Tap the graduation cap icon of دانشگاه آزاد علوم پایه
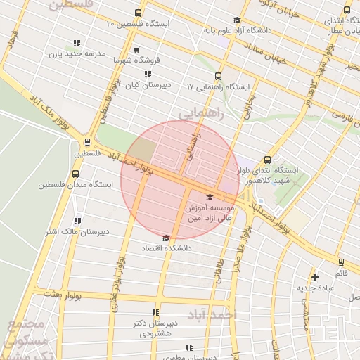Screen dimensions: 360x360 pyautogui.click(x=237, y=20)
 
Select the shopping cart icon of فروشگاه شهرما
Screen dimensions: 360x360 pyautogui.click(x=136, y=50)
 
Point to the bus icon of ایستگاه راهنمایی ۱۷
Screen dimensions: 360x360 pyautogui.click(x=217, y=76)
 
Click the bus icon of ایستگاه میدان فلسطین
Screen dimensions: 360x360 pyautogui.click(x=75, y=174)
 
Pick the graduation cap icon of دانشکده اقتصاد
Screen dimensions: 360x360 pyautogui.click(x=166, y=238)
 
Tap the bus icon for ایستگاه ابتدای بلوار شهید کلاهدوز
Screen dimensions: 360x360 pyautogui.click(x=266, y=160)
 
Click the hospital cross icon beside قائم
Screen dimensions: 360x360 pyautogui.click(x=315, y=277)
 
